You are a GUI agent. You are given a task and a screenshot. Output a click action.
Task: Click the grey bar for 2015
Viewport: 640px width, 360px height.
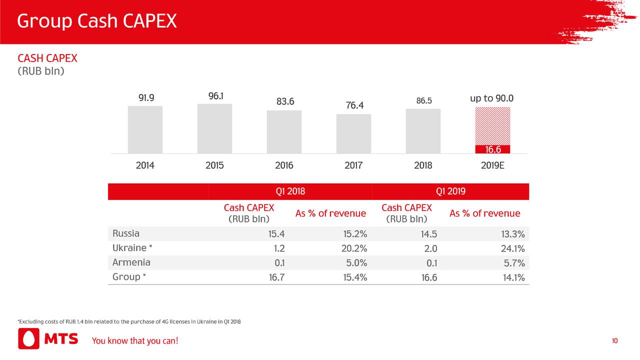214,128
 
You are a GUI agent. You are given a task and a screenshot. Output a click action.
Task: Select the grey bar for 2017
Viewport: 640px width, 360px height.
353,133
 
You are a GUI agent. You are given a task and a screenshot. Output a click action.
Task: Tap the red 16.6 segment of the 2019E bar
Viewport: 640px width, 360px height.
492,149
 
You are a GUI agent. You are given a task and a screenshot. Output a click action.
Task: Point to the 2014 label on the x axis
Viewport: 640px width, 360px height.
145,166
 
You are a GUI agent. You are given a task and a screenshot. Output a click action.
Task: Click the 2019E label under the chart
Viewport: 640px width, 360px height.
492,166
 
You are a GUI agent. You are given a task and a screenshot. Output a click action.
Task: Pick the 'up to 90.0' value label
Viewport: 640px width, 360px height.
491,98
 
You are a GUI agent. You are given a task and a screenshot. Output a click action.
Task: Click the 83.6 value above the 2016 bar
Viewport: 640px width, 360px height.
285,102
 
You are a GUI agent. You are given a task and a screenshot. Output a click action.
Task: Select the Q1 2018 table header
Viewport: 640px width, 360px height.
290,191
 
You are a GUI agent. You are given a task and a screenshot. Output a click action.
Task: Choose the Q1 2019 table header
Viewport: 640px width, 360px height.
450,191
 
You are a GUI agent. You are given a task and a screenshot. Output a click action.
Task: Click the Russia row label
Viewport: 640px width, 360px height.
126,233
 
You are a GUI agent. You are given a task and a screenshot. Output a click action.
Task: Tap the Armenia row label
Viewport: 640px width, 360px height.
131,262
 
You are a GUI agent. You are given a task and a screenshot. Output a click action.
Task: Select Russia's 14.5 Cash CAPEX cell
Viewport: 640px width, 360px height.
429,234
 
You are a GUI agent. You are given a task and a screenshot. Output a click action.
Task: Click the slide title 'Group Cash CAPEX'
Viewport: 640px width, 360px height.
97,21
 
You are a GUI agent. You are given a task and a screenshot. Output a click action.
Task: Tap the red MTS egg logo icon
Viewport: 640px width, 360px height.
28,339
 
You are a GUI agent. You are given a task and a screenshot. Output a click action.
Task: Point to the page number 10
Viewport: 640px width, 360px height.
614,341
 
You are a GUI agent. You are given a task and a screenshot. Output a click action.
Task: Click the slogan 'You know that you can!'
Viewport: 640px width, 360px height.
134,341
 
